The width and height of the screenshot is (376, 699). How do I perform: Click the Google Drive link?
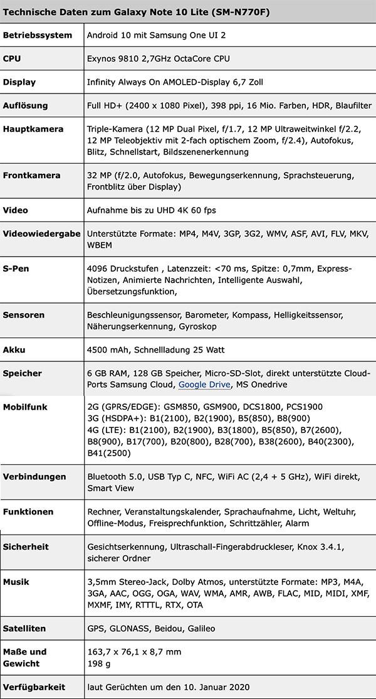click(204, 385)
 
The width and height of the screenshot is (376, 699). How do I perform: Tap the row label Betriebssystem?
click(38, 35)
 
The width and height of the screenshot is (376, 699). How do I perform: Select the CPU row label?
click(13, 58)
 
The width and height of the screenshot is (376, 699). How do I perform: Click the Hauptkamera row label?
click(33, 129)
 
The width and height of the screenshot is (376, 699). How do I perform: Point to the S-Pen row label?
click(16, 269)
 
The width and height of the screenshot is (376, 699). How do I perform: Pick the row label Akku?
click(14, 349)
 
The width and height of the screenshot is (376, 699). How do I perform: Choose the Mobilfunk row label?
click(25, 407)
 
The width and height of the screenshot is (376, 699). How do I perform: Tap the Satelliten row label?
click(24, 628)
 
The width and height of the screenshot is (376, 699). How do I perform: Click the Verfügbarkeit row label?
click(34, 687)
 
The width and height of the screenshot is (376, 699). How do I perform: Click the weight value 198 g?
click(98, 663)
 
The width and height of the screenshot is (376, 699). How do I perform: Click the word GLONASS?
click(135, 628)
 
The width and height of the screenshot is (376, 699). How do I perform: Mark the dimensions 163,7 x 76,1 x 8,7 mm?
click(134, 652)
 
